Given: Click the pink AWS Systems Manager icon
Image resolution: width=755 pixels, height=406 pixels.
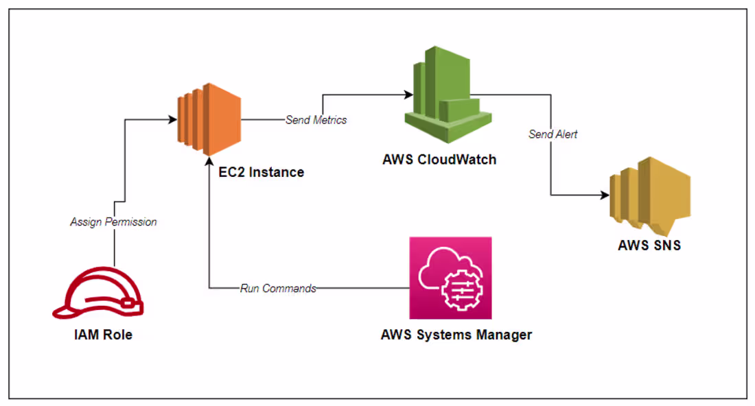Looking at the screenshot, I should coord(450,278).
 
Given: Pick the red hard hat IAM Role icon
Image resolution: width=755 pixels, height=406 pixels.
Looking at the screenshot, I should coord(98,296).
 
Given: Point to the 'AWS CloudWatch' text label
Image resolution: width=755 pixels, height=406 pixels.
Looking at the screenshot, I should coord(439,160).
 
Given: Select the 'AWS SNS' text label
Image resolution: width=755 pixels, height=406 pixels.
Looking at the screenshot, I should coord(649,245).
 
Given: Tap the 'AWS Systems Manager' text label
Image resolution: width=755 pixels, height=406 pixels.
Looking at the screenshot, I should coord(456,335).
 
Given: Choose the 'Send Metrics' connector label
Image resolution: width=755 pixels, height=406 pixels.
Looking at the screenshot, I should coord(316,120).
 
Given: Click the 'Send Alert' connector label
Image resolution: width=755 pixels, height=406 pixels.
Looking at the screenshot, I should coord(553,134).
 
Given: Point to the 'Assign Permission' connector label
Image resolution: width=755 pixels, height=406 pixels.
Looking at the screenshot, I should coord(113,222).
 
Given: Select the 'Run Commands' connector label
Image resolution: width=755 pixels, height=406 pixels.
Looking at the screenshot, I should coord(278,289).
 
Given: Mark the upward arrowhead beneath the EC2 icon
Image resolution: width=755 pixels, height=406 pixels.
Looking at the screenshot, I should coord(209,160).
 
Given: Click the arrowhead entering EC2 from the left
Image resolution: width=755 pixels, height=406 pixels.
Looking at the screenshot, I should coord(171,120).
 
